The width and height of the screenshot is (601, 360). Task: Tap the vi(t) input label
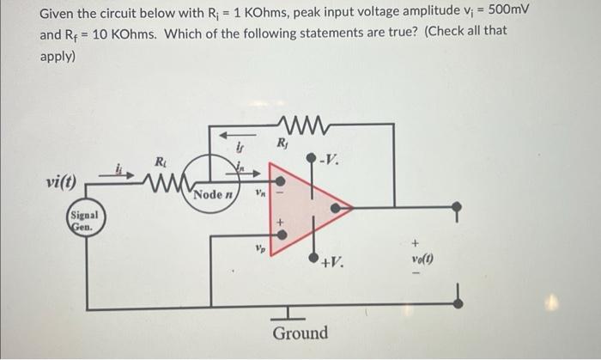[61, 183]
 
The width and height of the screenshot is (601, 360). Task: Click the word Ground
[300, 333]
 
